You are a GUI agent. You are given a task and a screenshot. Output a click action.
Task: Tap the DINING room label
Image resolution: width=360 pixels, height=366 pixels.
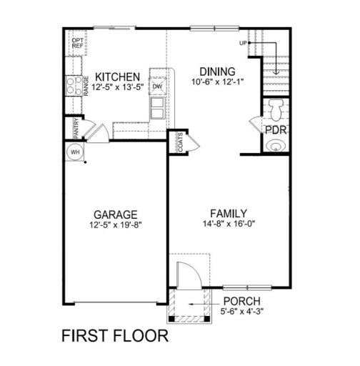click(x=218, y=71)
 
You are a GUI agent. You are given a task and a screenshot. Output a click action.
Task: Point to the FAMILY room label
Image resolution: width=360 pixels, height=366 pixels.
click(x=229, y=213)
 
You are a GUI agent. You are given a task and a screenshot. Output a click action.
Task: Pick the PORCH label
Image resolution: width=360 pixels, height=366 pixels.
click(x=241, y=301)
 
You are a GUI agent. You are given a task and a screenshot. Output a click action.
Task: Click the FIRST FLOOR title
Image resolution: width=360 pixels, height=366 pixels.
click(x=114, y=335)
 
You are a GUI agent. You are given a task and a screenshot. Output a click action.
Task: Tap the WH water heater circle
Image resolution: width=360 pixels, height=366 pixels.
click(x=74, y=152)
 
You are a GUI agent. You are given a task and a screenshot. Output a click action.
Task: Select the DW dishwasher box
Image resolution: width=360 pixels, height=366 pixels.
click(x=158, y=86)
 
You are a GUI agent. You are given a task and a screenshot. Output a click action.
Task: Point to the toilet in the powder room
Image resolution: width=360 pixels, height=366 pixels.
click(x=276, y=109)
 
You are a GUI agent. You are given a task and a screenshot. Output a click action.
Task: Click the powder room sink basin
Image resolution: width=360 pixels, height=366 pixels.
click(x=276, y=147)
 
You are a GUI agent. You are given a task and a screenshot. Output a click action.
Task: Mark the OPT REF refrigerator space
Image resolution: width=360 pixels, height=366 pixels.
click(x=77, y=42)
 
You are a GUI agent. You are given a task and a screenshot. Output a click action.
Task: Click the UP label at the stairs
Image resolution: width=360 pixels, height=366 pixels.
click(x=244, y=43)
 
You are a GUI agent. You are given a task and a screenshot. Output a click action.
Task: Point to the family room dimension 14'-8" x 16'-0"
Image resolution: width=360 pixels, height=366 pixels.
click(x=229, y=225)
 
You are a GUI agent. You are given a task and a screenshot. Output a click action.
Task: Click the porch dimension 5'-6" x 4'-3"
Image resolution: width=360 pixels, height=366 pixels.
click(x=241, y=312)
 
